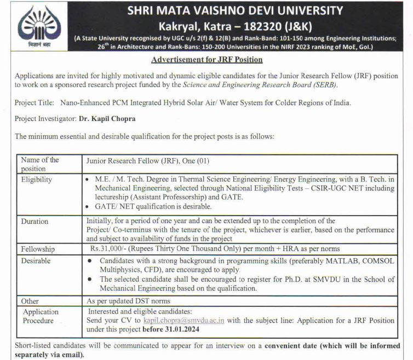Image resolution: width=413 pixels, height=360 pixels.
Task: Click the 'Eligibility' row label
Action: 37,179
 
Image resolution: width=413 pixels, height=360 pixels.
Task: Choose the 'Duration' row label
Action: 35,222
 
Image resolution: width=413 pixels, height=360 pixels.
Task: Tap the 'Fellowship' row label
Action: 38,249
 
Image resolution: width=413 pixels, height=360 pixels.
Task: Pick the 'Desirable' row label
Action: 36,260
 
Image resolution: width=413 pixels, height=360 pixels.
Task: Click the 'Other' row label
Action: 30,301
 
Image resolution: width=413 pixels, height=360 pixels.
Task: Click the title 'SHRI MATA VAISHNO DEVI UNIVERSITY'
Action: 235,10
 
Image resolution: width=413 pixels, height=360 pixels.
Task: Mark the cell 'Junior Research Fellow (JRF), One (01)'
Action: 148,161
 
